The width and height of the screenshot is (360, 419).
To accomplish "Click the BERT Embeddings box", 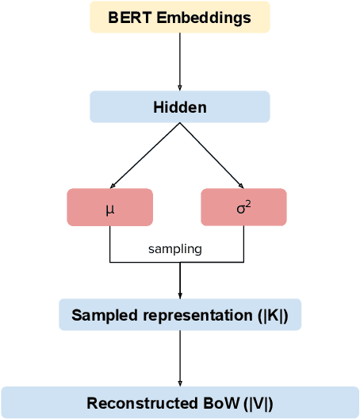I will tap(180, 17).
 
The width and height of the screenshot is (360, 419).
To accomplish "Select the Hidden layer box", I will tap(180, 107).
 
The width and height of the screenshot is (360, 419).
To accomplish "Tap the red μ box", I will tap(109, 208).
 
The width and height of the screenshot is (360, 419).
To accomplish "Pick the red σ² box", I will tap(243, 208).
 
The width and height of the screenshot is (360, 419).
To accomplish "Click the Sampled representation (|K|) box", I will tap(180, 315).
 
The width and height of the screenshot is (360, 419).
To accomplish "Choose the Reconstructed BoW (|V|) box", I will tap(180, 403).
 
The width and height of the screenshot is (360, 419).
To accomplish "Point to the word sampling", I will tap(175, 249).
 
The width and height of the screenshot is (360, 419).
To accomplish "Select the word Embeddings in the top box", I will tap(201, 17).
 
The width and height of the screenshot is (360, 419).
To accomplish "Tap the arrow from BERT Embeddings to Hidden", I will tap(180, 62).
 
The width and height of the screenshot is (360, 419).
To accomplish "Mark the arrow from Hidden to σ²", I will tap(214, 156).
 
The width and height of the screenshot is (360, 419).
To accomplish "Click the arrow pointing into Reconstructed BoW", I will tap(180, 359).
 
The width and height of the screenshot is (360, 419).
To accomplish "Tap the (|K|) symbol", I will tap(273, 315).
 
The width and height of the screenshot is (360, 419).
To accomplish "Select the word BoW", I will tap(215, 403).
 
